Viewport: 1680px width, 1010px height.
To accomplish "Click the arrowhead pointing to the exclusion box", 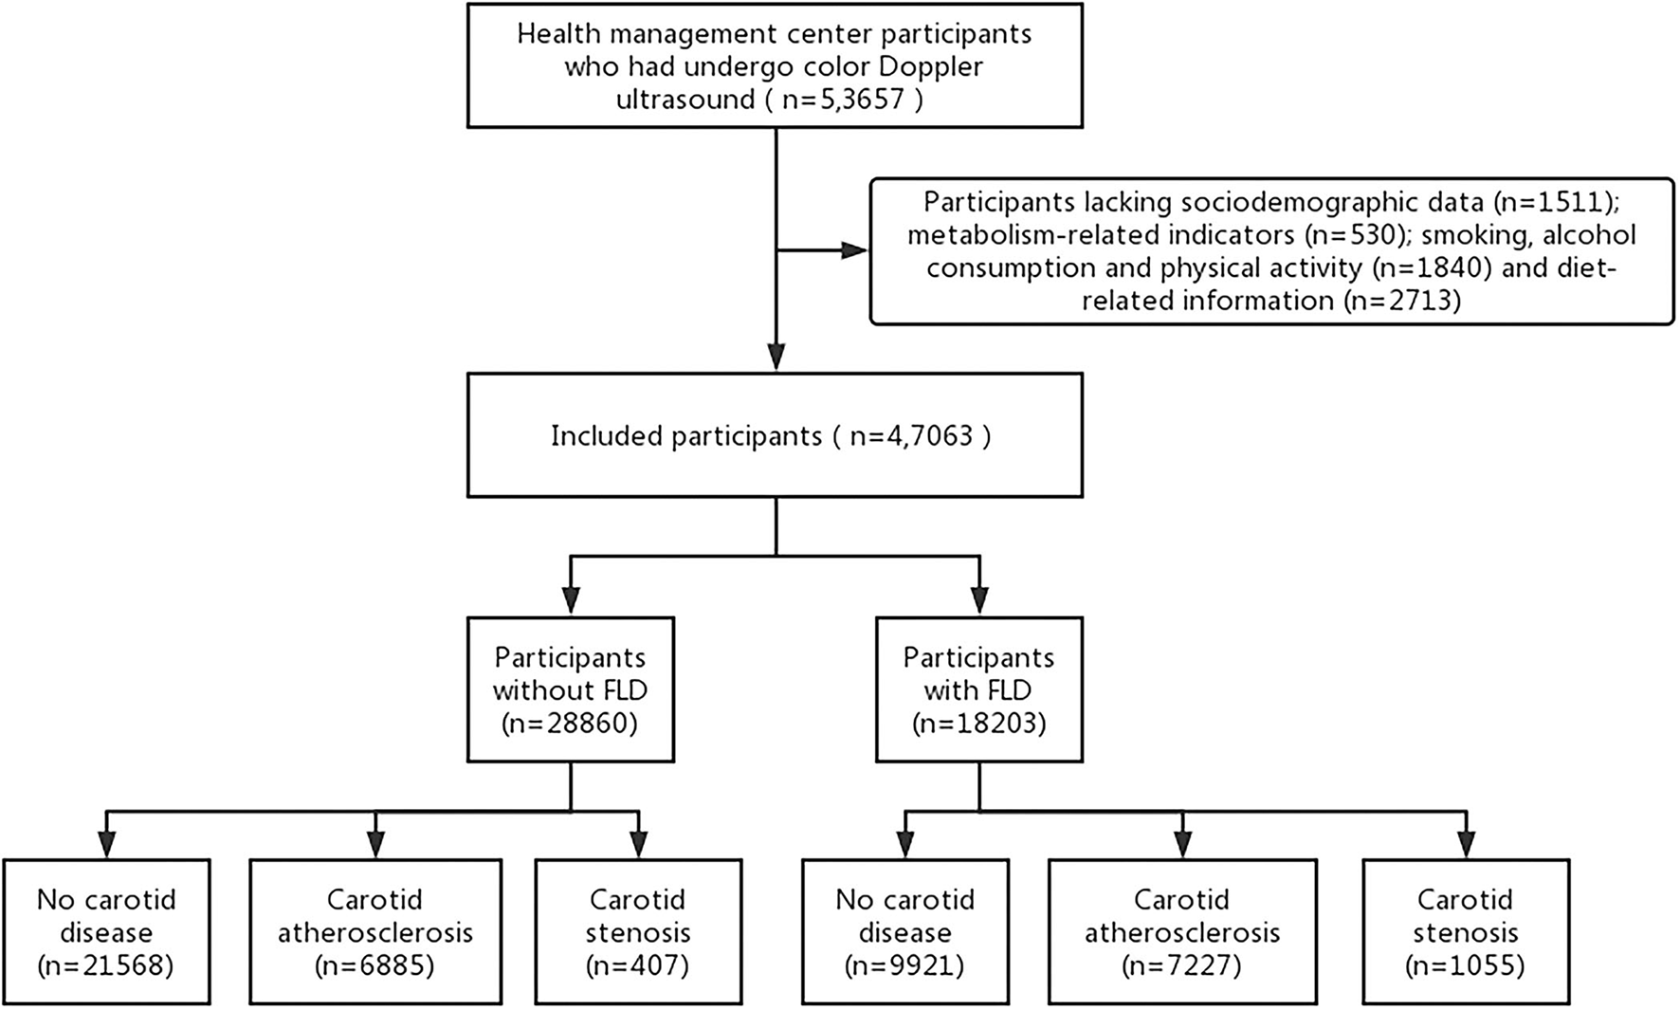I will (x=853, y=250).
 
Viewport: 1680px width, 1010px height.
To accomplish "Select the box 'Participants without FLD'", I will (x=570, y=689).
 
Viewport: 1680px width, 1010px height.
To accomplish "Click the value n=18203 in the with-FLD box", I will (x=978, y=724).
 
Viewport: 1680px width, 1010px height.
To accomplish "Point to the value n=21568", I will (x=106, y=965).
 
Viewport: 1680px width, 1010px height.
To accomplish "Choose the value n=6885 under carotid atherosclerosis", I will (x=375, y=965).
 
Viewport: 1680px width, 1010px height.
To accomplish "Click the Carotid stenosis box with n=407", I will (x=638, y=931).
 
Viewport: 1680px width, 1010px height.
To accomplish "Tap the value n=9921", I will (x=905, y=965).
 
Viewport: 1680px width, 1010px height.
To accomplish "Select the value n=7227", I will (x=1182, y=965).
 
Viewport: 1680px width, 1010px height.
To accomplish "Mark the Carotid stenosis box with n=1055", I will (x=1465, y=931).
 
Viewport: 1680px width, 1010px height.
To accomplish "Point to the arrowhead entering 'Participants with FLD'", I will (x=978, y=601).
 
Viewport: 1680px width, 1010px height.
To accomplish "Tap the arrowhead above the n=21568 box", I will (x=106, y=844).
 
